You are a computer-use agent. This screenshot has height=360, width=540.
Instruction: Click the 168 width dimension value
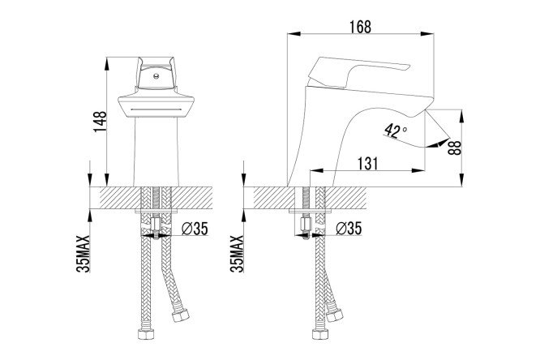(x=361, y=27)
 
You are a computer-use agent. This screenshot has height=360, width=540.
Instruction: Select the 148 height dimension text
(x=101, y=122)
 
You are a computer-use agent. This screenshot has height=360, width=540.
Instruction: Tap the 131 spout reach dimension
(x=367, y=163)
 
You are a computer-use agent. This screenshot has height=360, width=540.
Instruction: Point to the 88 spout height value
(x=455, y=148)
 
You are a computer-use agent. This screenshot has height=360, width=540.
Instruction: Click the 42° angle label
(x=396, y=131)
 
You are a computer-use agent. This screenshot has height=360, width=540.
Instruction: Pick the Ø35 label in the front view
(x=195, y=228)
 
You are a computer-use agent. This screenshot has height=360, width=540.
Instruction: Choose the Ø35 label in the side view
(x=349, y=228)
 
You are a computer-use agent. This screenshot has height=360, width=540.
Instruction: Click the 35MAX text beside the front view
(x=83, y=254)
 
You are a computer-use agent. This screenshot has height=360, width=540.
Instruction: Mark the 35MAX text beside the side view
(x=237, y=254)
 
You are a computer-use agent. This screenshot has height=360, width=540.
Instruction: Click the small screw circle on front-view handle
(x=156, y=75)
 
